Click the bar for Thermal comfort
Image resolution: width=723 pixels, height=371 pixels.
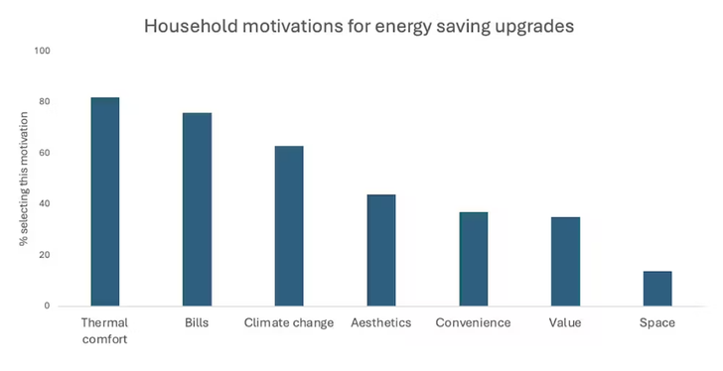click(x=104, y=201)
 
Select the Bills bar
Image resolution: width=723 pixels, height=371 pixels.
click(x=197, y=209)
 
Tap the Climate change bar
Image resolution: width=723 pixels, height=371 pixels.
click(x=289, y=226)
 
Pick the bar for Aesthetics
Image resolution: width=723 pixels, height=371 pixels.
click(x=381, y=250)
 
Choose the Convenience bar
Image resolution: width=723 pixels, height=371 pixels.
click(x=474, y=259)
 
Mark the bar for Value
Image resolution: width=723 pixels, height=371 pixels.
click(x=565, y=261)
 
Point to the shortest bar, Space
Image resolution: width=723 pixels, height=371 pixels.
click(x=657, y=289)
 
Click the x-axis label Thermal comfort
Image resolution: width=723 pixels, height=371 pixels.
click(x=104, y=330)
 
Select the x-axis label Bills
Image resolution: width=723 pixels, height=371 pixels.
click(x=197, y=323)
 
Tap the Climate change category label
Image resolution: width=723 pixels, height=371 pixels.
click(x=289, y=323)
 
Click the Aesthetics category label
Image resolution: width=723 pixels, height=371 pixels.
click(x=381, y=323)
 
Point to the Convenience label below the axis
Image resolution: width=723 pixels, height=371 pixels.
click(x=474, y=323)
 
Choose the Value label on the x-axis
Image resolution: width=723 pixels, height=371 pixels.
click(x=565, y=323)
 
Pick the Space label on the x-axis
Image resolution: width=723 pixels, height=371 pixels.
click(x=657, y=323)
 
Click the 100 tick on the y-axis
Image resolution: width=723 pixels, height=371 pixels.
click(x=41, y=51)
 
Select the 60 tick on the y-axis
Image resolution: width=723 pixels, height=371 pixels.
click(x=43, y=153)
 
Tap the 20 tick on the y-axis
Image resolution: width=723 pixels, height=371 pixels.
click(x=43, y=255)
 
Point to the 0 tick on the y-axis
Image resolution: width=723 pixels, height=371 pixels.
click(x=46, y=306)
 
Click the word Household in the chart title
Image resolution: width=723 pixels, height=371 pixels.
click(x=189, y=25)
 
